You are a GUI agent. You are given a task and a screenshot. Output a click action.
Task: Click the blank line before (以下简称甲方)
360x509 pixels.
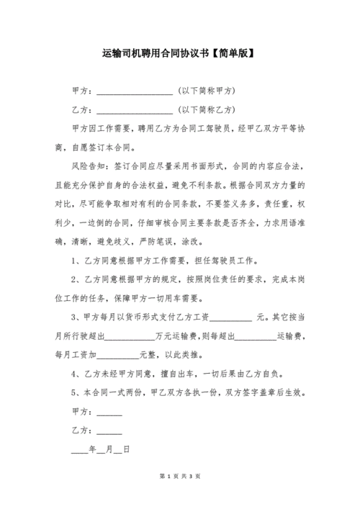pyautogui.click(x=134, y=91)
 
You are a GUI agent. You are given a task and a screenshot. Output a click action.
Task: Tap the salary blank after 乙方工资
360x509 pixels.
pyautogui.click(x=230, y=316)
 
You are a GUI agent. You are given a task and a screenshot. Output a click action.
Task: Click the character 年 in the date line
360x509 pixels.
pyautogui.click(x=91, y=449)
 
